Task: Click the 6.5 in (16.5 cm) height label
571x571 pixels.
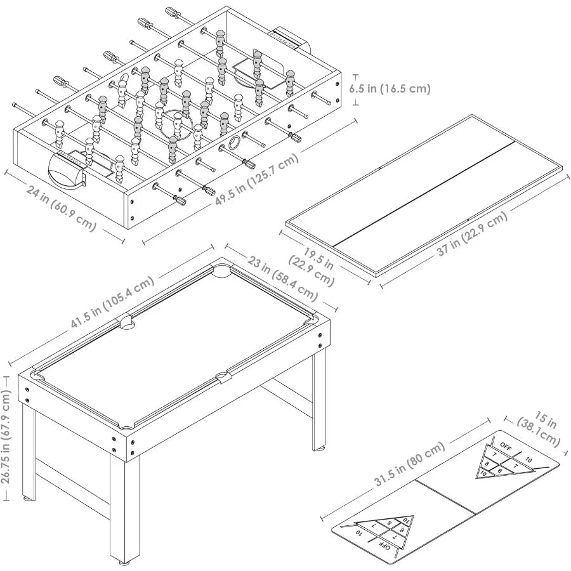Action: pos(390,89)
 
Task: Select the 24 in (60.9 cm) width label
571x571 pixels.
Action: pos(61,207)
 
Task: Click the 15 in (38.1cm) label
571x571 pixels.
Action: pos(539,431)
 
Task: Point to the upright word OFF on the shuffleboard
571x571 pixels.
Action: pos(505,445)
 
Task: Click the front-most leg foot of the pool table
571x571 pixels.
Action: pos(123,561)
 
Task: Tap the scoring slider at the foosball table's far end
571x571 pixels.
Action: pos(284,37)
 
